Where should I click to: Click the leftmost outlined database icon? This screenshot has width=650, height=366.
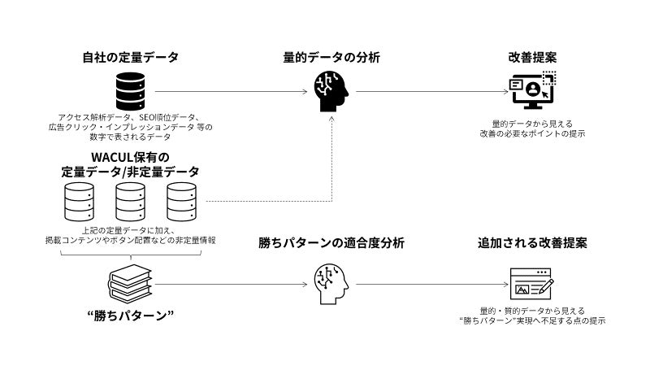[78, 202]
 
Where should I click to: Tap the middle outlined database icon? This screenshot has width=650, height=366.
[130, 202]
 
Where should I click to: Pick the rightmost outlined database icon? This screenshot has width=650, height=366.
[181, 202]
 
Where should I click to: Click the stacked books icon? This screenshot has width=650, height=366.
[130, 284]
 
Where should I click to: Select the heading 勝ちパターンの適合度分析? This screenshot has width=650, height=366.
[331, 243]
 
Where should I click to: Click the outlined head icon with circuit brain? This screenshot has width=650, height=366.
[331, 284]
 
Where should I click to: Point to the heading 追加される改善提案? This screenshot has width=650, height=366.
[532, 243]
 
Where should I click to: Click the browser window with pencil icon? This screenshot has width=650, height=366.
[532, 284]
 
